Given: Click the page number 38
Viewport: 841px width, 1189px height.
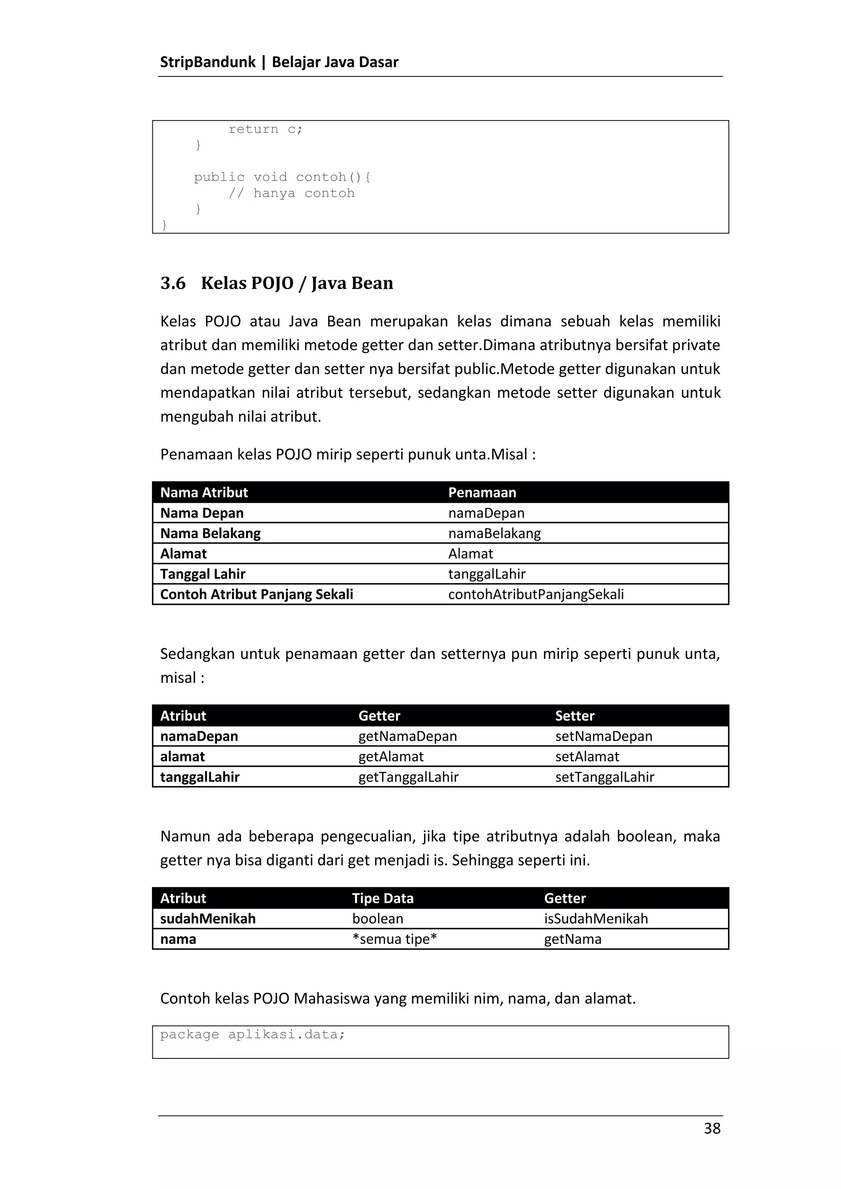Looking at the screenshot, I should point(712,1128).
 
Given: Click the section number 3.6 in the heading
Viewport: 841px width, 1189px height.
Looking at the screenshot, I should point(173,283).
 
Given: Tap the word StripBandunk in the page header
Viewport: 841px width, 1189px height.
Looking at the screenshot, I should point(208,62).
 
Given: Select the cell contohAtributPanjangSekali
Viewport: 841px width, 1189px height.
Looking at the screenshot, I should point(535,594).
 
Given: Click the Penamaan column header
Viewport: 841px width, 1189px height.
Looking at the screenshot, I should point(482,493).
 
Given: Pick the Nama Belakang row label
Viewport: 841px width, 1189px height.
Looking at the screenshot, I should point(210,534).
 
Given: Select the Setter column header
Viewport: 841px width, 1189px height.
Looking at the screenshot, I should point(574,716).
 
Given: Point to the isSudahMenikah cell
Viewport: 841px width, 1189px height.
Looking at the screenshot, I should point(595,919).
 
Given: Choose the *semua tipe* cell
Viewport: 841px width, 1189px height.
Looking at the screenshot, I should point(394,939).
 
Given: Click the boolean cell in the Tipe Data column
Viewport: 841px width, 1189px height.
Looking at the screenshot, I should point(377,919).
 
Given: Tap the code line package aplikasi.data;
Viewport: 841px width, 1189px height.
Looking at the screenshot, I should point(253,1035).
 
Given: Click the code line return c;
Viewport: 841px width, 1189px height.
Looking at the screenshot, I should point(265,129).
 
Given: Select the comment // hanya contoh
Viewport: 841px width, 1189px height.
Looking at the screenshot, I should point(291,193).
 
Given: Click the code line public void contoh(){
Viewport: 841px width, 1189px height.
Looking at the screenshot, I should point(283,177).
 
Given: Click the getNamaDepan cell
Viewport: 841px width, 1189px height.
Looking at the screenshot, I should point(407,736).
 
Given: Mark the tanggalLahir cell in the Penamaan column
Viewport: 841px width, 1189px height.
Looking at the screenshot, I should point(487,574).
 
